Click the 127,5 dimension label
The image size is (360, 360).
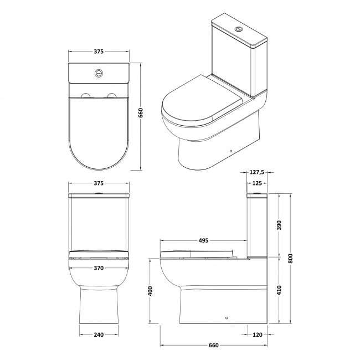pos(256,172)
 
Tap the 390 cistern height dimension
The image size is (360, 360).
pos(279,225)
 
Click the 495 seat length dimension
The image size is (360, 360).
pos(203,240)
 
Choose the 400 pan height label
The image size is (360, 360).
pos(150,290)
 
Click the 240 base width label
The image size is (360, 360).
pos(98,335)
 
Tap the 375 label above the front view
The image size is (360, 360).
pos(98,183)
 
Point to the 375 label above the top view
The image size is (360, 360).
pos(98,52)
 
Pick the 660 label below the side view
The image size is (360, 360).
pos(213,346)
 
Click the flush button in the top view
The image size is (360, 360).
pos(99,71)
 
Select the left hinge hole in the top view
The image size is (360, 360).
pos(86,96)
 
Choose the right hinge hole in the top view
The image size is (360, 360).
pos(111,96)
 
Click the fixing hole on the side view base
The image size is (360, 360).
pos(226,318)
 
